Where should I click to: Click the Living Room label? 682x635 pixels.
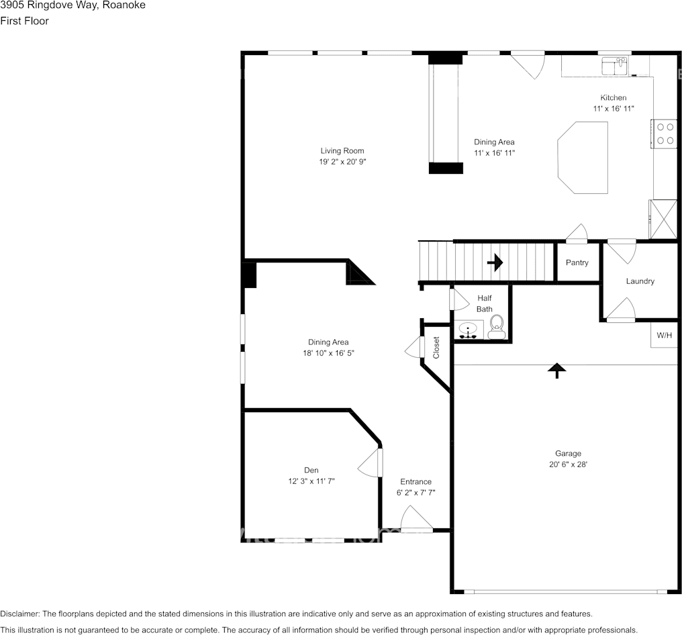pos(342,151)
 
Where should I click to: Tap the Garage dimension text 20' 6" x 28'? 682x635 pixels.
pos(568,464)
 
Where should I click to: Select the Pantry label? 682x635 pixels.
pos(577,262)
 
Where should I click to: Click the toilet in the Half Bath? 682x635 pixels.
pos(496,327)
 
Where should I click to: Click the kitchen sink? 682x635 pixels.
pos(614,66)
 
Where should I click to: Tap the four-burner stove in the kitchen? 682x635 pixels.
pos(665,134)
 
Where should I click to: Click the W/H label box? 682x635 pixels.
pos(664,335)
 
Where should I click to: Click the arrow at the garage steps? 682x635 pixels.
pos(556,371)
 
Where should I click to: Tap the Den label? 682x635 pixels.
pos(311,470)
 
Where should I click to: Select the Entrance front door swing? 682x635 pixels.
pos(416,519)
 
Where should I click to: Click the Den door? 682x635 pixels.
pos(370,462)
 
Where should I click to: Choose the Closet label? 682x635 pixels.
pos(436,347)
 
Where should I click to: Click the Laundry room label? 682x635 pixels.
pos(640,281)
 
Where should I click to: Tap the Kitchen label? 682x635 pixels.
pos(613,97)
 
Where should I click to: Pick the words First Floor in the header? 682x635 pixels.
pos(24,21)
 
